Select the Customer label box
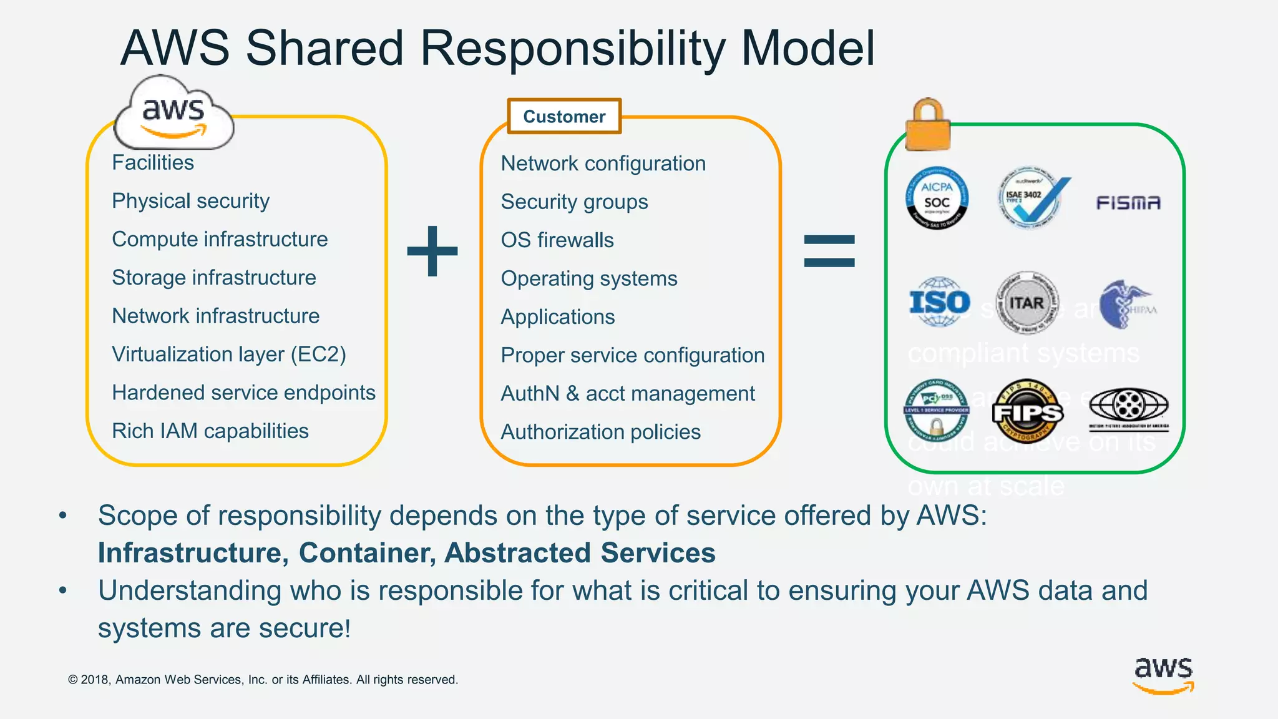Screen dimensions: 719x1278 pos(564,116)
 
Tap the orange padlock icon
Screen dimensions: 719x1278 pos(928,125)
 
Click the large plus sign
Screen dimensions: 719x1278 pos(432,251)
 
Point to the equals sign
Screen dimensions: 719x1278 pos(829,251)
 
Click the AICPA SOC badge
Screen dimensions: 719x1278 pos(937,198)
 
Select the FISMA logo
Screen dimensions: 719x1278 pos(1128,203)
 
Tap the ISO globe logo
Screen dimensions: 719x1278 pos(939,303)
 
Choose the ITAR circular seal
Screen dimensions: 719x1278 pos(1027,303)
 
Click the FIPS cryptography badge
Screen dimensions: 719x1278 pos(1027,411)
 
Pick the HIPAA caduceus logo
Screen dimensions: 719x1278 pos(1127,305)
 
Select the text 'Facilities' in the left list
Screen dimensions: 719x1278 pos(153,163)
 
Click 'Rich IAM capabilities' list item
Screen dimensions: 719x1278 pos(210,431)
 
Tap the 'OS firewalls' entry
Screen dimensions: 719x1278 pos(557,240)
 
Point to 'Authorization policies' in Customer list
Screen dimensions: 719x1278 pos(600,432)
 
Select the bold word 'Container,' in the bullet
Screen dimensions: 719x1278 pos(366,553)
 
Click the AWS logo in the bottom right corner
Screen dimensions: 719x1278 pos(1163,675)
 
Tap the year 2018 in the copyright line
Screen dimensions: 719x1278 pos(95,680)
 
